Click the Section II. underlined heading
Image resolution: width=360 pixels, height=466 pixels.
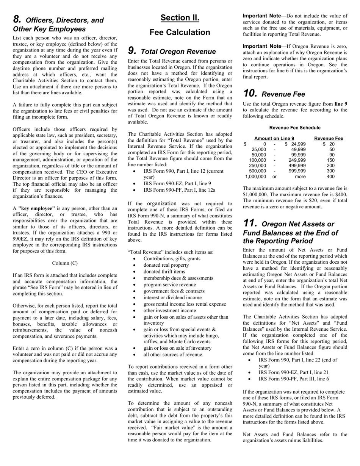pyautogui.click(x=180, y=18)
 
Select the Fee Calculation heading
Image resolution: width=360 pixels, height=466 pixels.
pyautogui.click(x=180, y=33)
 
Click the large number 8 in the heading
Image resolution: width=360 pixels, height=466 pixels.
pyautogui.click(x=17, y=19)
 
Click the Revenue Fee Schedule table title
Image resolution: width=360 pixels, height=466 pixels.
pyautogui.click(x=295, y=128)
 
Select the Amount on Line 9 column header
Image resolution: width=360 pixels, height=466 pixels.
pyautogui.click(x=274, y=139)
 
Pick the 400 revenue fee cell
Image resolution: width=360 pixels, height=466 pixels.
pyautogui.click(x=330, y=177)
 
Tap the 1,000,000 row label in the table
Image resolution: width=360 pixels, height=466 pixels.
pyautogui.click(x=256, y=177)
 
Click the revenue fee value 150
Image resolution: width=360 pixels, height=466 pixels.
pyautogui.click(x=330, y=160)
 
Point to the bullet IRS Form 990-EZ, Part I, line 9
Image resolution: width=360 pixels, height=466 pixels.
pyautogui.click(x=177, y=183)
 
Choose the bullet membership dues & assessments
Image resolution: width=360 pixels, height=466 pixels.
pyautogui.click(x=178, y=278)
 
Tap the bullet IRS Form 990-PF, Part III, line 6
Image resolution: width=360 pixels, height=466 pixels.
pyautogui.click(x=294, y=379)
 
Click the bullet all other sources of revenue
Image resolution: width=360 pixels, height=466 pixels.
pyautogui.click(x=173, y=355)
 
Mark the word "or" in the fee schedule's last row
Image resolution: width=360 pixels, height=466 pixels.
pyautogui.click(x=274, y=177)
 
